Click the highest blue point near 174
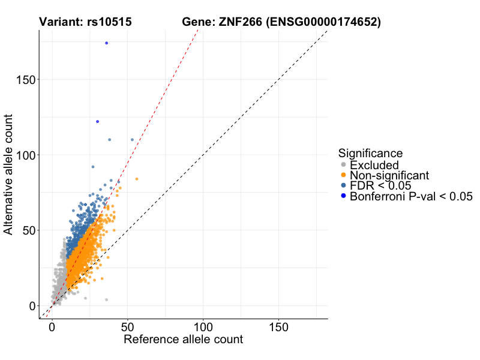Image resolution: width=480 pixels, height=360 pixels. tap(106, 43)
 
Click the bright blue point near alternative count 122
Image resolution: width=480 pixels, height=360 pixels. tap(97, 122)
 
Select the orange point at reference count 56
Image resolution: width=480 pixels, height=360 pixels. tap(137, 179)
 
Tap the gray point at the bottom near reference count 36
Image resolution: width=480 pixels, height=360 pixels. tap(106, 299)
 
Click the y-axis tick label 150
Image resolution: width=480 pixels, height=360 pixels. tap(23, 80)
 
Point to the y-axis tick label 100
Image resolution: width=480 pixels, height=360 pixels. tap(23, 155)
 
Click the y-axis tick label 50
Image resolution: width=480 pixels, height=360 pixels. tap(27, 230)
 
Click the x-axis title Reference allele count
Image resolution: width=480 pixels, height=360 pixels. tap(183, 340)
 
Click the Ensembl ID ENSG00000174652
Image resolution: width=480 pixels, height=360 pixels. tap(325, 23)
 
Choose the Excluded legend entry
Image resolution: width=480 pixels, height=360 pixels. tap(374, 165)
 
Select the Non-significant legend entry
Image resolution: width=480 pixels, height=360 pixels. tap(389, 175)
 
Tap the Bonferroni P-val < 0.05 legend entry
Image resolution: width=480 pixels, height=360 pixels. tap(412, 196)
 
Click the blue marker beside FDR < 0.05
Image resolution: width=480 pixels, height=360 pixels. tap(343, 185)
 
